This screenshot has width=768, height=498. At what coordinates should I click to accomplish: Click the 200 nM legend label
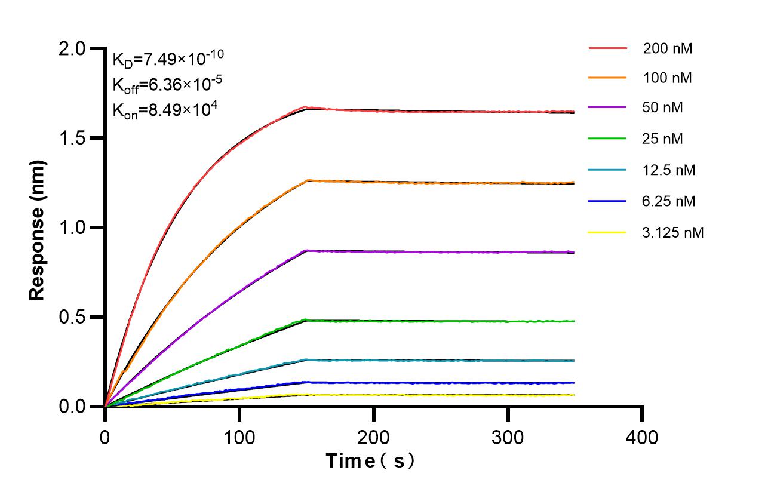[x=668, y=49]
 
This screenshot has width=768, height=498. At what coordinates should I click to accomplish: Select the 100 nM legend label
[x=668, y=78]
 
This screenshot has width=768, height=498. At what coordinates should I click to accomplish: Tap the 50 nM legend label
[x=663, y=108]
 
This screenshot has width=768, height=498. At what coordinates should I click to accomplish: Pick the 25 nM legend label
[x=663, y=139]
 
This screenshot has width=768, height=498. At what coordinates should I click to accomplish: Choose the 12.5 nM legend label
[x=669, y=170]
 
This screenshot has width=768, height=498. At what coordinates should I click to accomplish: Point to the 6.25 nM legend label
[x=669, y=201]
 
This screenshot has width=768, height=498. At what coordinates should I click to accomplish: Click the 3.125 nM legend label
[x=673, y=233]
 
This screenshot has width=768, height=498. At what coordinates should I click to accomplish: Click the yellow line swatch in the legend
[x=607, y=232]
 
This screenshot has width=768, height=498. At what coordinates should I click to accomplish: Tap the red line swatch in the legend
[x=607, y=48]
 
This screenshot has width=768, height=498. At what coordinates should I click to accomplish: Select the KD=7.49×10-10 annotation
[x=168, y=59]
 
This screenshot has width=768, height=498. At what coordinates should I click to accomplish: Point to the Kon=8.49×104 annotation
[x=161, y=110]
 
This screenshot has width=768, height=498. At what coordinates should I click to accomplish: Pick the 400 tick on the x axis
[x=642, y=438]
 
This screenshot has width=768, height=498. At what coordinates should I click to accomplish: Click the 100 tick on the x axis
[x=239, y=438]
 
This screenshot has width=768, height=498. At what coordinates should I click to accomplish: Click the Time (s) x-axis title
[x=370, y=461]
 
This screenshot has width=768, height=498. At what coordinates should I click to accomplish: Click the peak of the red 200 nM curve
[x=306, y=107]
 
